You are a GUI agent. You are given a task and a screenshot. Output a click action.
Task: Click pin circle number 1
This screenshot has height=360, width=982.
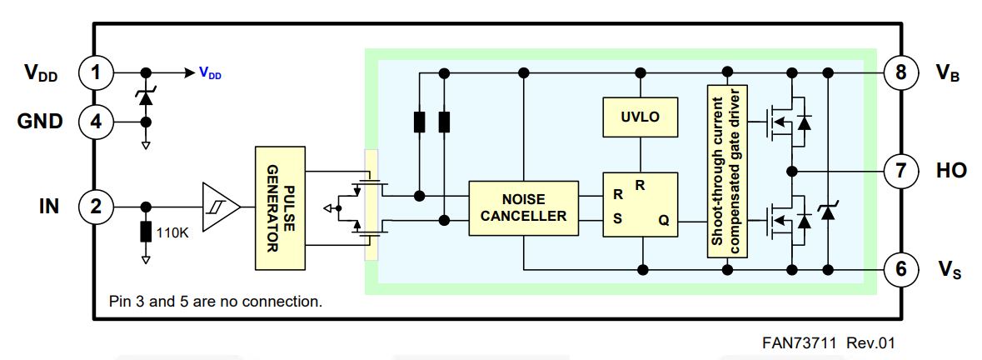(x=96, y=72)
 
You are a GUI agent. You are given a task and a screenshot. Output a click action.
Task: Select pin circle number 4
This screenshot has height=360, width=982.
(x=96, y=122)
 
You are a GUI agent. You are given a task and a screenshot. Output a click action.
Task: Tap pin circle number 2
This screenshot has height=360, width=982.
(x=96, y=206)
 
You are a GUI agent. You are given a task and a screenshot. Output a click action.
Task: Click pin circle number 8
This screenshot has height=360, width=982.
(x=900, y=72)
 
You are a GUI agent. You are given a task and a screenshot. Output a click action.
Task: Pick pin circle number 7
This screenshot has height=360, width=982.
(x=900, y=171)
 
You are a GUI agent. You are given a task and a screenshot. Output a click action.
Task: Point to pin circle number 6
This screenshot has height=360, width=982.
(x=900, y=269)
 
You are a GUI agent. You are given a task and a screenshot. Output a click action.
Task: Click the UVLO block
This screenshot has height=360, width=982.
(x=640, y=117)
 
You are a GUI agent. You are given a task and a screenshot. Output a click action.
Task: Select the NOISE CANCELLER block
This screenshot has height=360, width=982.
(x=522, y=207)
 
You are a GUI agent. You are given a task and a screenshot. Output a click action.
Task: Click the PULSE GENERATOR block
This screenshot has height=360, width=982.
(x=280, y=207)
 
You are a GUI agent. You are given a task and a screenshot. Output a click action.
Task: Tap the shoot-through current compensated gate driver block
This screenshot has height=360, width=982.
(x=727, y=171)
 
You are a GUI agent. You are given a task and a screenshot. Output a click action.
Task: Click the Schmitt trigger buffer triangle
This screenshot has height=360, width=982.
(x=220, y=206)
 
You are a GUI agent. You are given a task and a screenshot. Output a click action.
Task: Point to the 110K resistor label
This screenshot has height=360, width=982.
(x=172, y=232)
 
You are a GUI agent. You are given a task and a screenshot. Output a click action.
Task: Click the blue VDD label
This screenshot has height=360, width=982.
(x=210, y=73)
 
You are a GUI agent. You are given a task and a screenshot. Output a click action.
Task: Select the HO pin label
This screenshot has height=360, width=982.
(x=951, y=171)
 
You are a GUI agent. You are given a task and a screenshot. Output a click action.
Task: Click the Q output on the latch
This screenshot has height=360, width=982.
(x=663, y=222)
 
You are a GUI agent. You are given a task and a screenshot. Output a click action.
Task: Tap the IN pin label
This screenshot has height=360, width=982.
(x=49, y=206)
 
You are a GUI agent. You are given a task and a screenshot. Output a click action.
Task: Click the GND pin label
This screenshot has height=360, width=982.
(x=40, y=122)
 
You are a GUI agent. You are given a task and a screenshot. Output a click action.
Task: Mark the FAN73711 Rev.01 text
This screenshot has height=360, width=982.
(x=828, y=342)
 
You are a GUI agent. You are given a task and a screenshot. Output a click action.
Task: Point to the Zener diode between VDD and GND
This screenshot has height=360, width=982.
(x=147, y=97)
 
